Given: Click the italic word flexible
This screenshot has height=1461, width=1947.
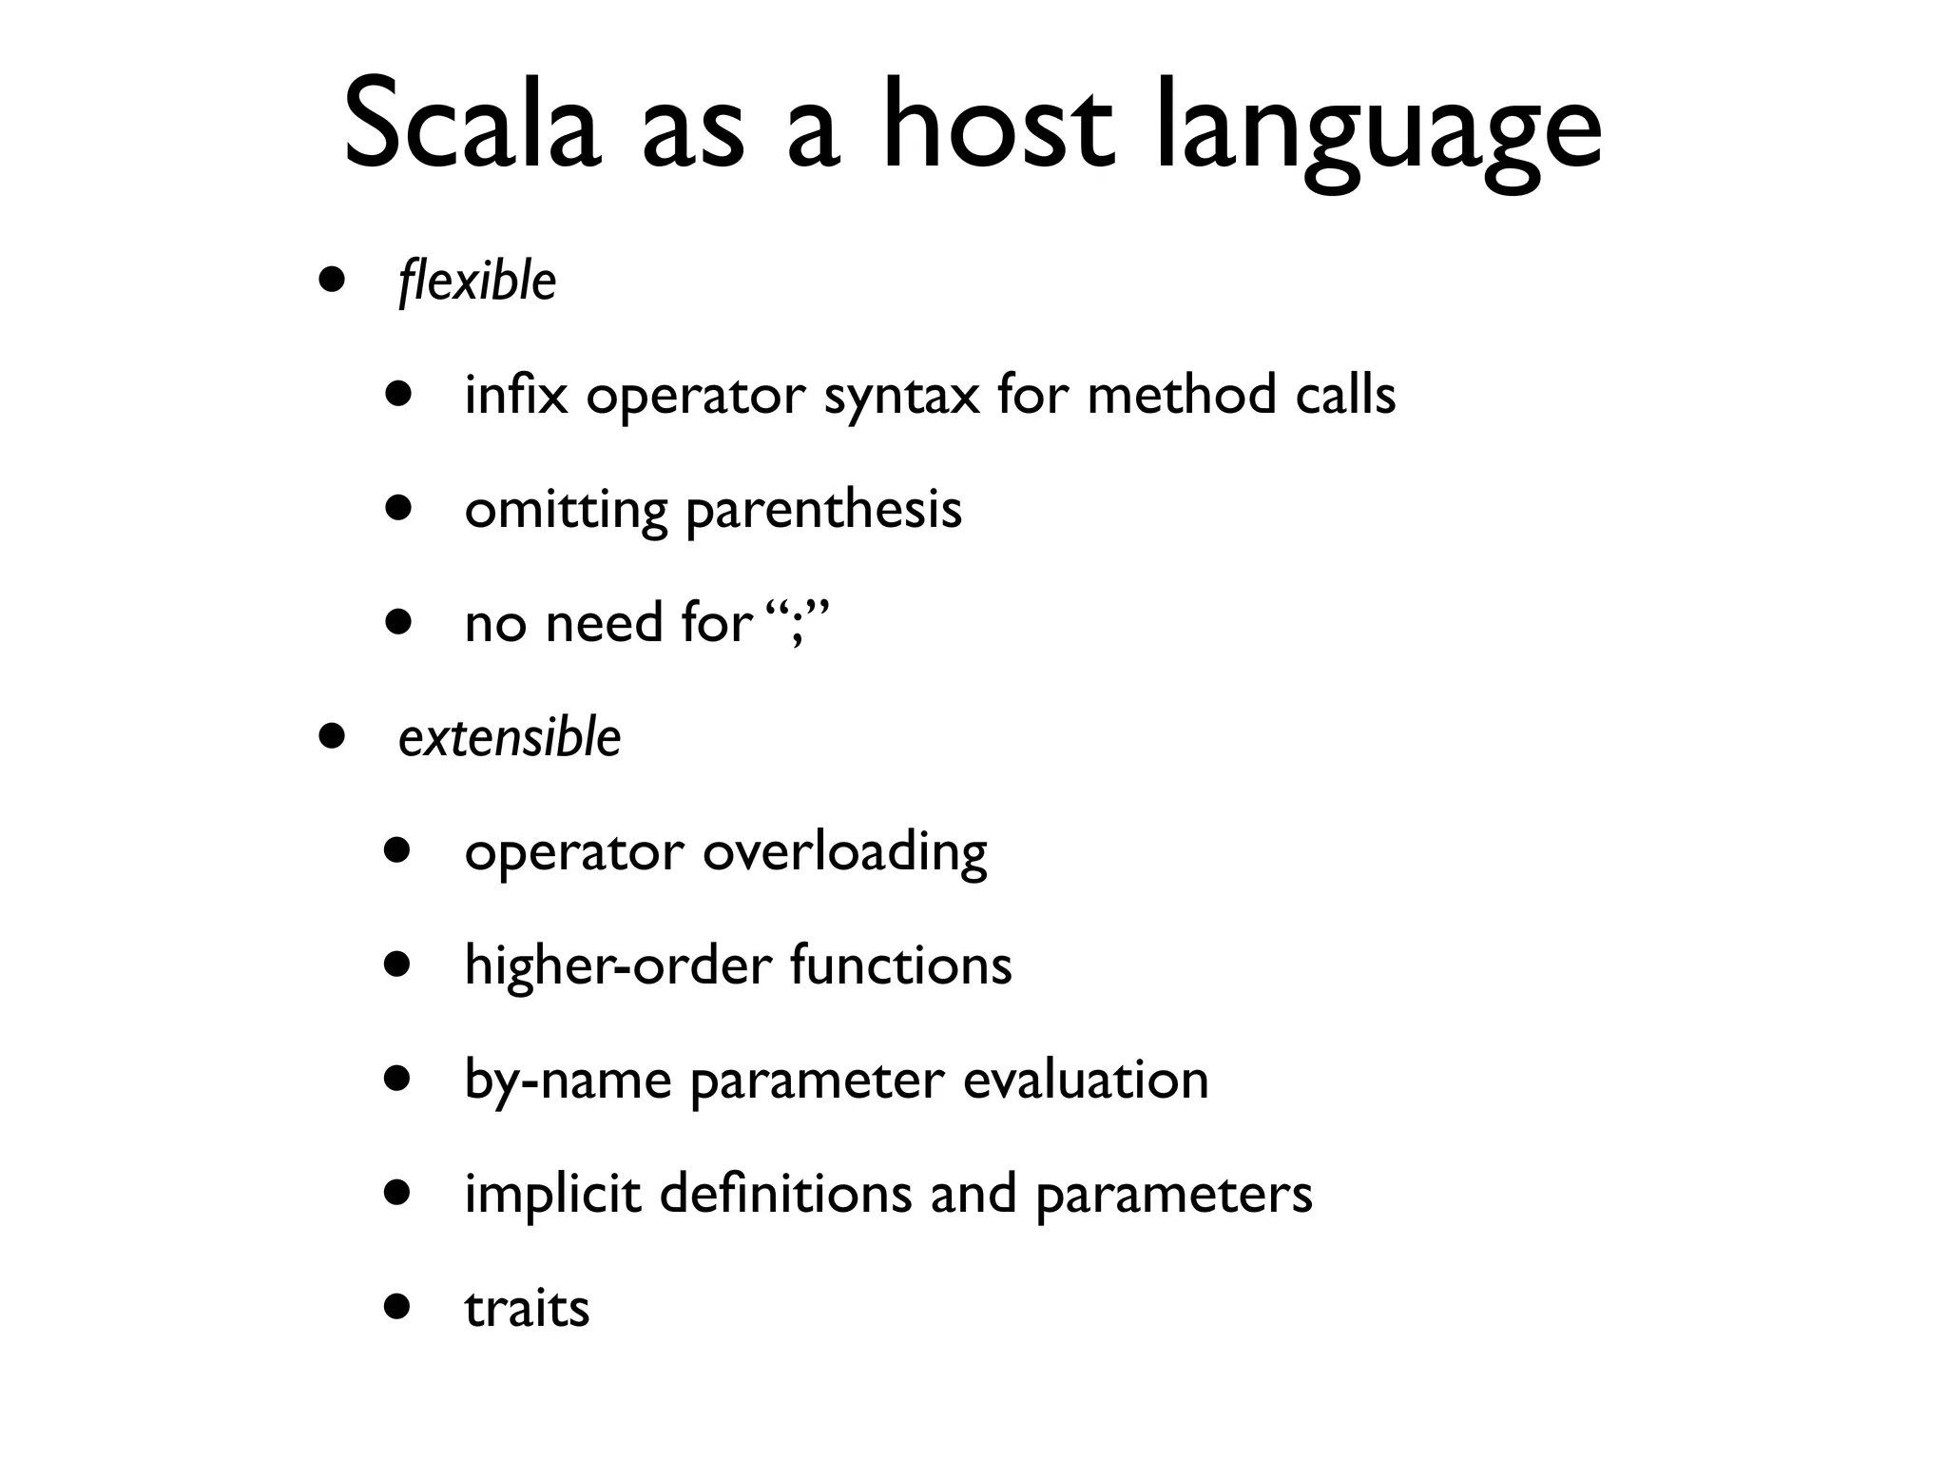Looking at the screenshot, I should (477, 282).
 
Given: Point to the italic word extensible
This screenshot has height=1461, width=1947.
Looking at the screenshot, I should (510, 737).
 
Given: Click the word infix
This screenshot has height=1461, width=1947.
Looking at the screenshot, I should (515, 395).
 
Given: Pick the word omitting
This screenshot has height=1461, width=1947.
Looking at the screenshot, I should (566, 511).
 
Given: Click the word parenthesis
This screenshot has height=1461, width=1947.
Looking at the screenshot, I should (823, 511).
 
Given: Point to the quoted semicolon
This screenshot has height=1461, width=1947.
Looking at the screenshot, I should (797, 625).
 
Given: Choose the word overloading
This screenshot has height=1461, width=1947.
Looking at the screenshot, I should (844, 853).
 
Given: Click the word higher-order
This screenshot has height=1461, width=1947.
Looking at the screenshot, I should (618, 966).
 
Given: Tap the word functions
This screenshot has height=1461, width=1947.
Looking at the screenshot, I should (900, 965).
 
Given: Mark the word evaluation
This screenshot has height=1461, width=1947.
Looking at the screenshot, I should (1085, 1080).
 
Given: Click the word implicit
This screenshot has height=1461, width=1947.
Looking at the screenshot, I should (552, 1196).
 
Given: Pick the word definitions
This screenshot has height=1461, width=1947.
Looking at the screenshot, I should (785, 1194).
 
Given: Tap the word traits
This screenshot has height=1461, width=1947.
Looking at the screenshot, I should (527, 1309).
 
